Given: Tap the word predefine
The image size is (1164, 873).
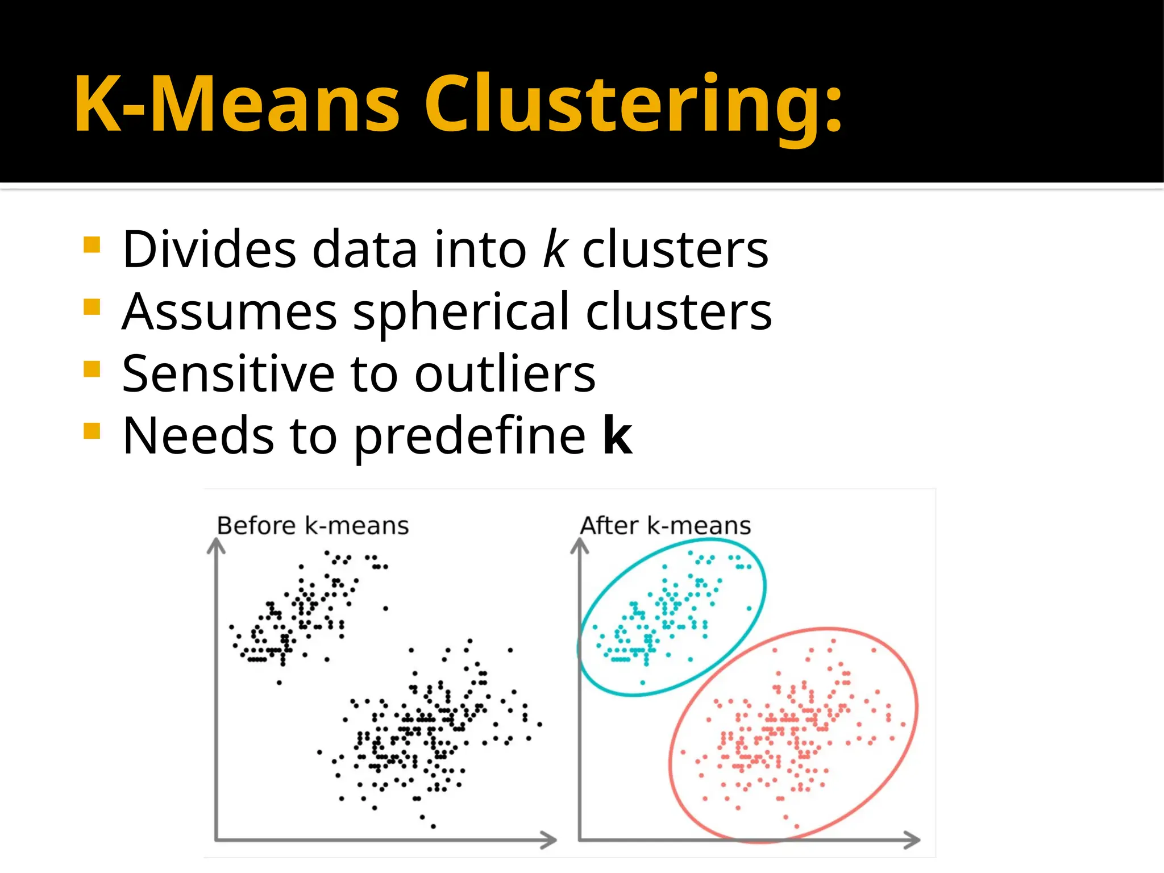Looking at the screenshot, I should click(469, 436).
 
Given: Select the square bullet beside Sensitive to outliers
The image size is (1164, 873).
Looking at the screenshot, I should click(92, 369).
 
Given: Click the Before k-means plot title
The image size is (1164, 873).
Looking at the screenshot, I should click(313, 526).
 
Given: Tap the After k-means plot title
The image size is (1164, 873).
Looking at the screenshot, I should click(665, 526).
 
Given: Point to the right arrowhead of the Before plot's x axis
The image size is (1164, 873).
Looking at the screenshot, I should click(549, 840).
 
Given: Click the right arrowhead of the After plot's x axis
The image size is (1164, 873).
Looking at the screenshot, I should click(912, 840).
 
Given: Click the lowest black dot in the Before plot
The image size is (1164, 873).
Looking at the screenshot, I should click(433, 826).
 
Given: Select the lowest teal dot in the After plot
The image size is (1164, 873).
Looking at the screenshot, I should click(643, 683).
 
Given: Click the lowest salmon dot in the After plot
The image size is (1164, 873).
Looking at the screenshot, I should click(796, 826).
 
